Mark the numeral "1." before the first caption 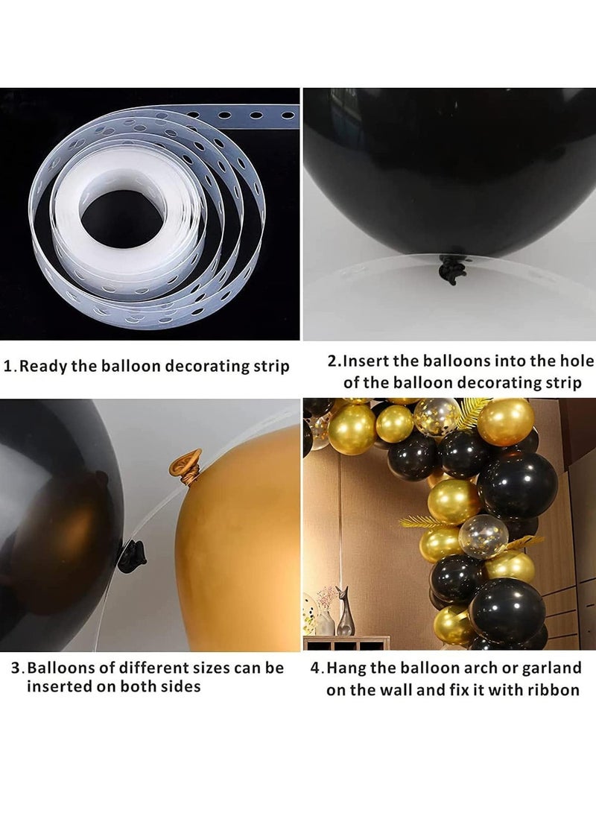tap(10, 367)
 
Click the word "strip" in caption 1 tap(271, 367)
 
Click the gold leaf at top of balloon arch tap(472, 412)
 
